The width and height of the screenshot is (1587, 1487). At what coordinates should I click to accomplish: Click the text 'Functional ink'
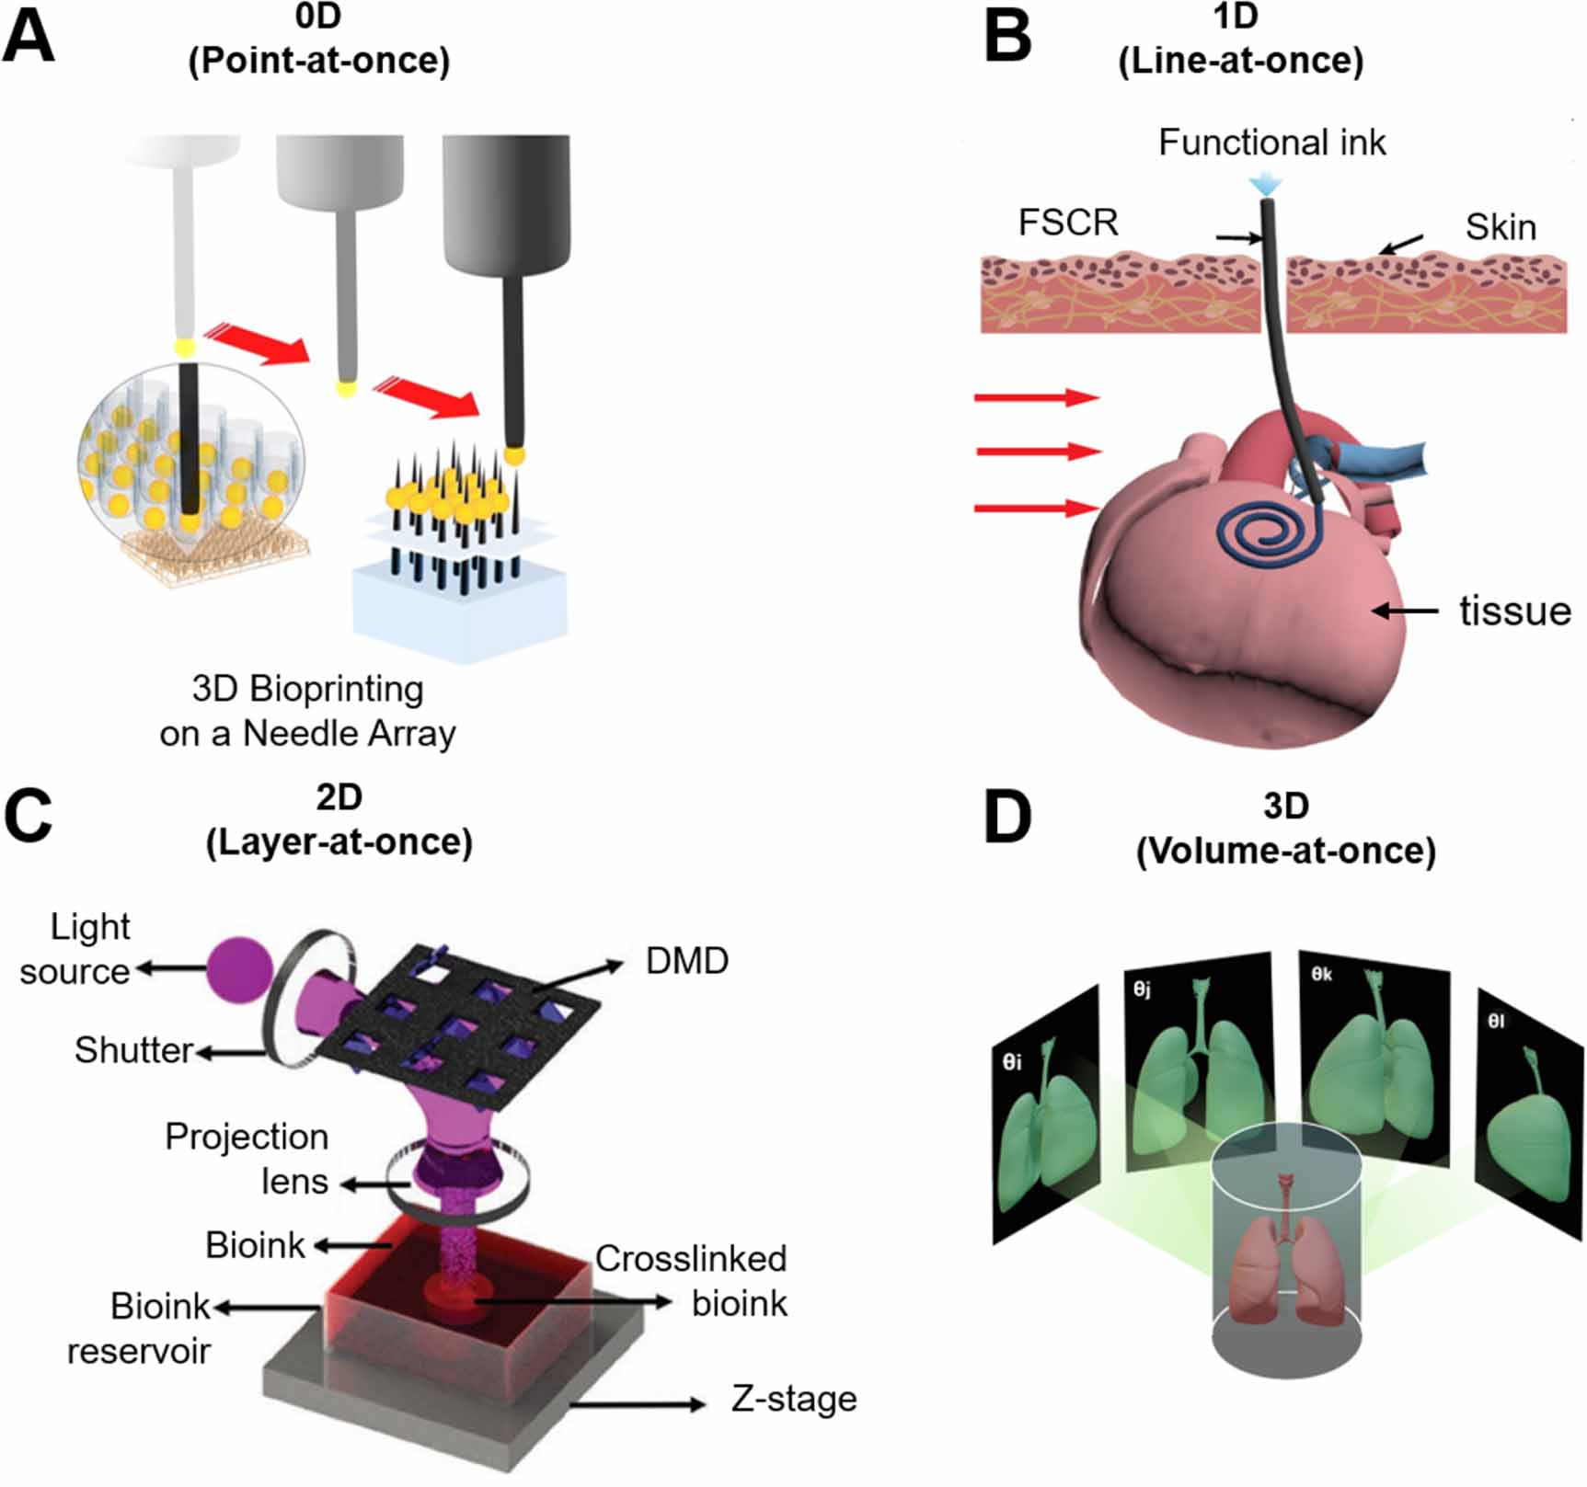pyautogui.click(x=1271, y=143)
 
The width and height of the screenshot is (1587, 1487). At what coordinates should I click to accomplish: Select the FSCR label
pyautogui.click(x=1068, y=223)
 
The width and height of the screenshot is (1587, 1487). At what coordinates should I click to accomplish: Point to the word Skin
pyautogui.click(x=1501, y=227)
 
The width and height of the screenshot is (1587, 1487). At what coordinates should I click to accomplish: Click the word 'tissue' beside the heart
pyautogui.click(x=1514, y=611)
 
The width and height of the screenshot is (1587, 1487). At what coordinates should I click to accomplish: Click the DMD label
pyautogui.click(x=686, y=961)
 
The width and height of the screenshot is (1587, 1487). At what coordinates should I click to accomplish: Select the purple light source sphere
pyautogui.click(x=239, y=967)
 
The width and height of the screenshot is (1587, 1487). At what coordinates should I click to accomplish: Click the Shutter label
pyautogui.click(x=133, y=1050)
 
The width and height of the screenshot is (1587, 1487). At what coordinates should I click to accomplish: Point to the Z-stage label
pyautogui.click(x=794, y=1399)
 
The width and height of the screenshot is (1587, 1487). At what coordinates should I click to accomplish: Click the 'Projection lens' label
pyautogui.click(x=247, y=1159)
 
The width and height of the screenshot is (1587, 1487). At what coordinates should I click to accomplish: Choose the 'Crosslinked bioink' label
pyautogui.click(x=692, y=1281)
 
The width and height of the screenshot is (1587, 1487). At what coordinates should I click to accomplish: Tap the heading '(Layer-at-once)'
pyautogui.click(x=339, y=841)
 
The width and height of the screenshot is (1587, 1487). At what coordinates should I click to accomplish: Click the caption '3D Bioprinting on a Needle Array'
pyautogui.click(x=307, y=711)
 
